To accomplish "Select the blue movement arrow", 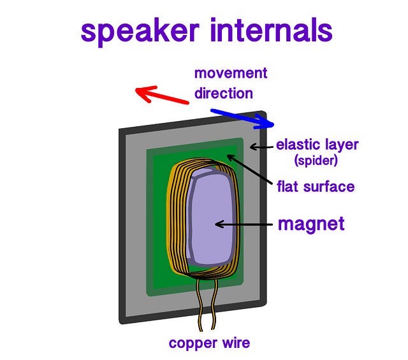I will pyautogui.click(x=242, y=119).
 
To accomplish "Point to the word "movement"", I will pyautogui.click(x=231, y=73).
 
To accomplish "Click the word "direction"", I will pyautogui.click(x=224, y=94).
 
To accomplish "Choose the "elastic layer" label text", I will pyautogui.click(x=317, y=145).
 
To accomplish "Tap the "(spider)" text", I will pyautogui.click(x=316, y=161).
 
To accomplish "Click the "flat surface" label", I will pyautogui.click(x=316, y=187).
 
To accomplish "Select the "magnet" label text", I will pyautogui.click(x=311, y=224).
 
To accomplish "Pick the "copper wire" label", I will pyautogui.click(x=209, y=343).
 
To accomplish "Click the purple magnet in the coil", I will pyautogui.click(x=207, y=217).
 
